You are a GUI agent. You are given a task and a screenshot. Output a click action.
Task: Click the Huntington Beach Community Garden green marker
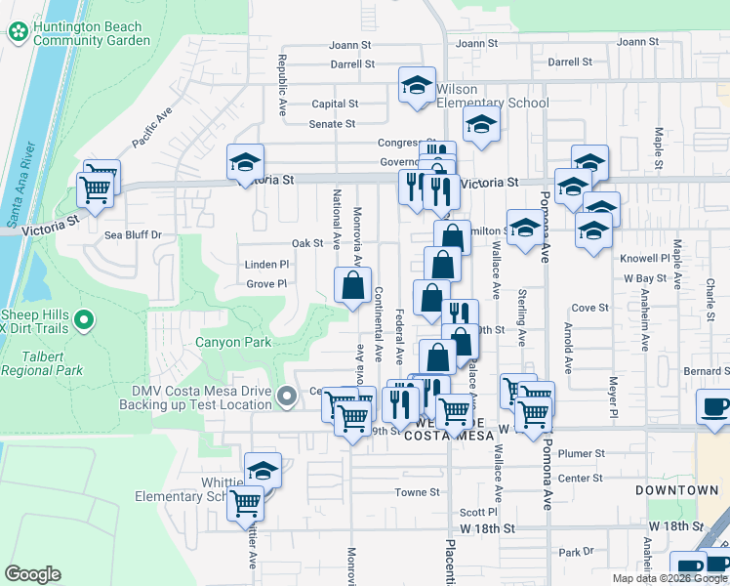point(19,32)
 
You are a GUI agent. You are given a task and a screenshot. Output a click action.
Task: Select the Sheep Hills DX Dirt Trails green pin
point(85,319)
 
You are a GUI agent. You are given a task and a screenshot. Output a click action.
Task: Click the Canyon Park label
point(233,343)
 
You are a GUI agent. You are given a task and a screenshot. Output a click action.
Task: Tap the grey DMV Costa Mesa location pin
point(286,397)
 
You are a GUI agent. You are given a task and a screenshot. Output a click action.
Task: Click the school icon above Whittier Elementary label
point(263,470)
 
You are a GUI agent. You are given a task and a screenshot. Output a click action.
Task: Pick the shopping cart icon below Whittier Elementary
point(245,504)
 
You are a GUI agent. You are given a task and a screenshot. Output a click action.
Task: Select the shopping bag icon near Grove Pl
point(352,285)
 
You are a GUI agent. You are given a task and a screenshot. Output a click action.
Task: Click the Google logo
point(32,574)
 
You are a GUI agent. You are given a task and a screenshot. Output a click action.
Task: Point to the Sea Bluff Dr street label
point(133,235)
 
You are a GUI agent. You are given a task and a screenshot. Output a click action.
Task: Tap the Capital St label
point(335,104)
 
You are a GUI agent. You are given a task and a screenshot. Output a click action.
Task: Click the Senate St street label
point(332,124)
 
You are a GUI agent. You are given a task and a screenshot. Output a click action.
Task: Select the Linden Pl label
point(266,264)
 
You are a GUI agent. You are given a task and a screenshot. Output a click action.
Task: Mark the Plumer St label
point(583,454)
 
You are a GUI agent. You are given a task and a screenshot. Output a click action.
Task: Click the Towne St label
point(417,492)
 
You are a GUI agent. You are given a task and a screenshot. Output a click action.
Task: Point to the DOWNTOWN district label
point(676,489)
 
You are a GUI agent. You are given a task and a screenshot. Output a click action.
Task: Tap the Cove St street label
point(589,308)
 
